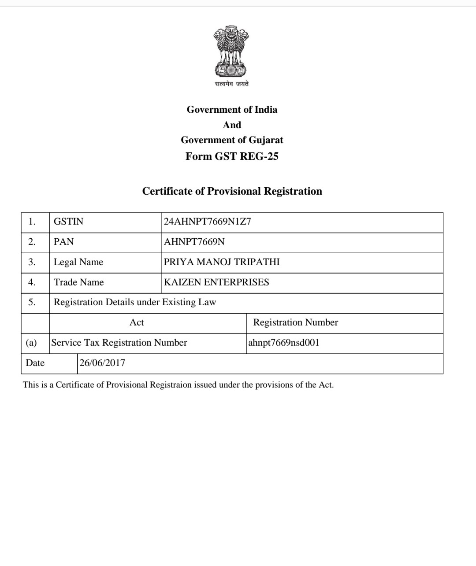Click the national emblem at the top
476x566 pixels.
231,51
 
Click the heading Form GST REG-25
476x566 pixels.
232,156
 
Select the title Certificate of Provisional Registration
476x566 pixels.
232,191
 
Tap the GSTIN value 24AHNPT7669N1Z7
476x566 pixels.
207,222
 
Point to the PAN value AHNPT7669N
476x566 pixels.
194,242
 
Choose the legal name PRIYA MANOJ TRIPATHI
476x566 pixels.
222,262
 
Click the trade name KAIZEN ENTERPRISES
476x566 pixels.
216,282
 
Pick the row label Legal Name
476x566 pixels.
78,262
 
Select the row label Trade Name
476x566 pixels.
79,282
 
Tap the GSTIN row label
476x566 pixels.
68,222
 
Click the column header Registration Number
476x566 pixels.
295,322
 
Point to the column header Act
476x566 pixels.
137,322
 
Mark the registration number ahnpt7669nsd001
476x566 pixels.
283,343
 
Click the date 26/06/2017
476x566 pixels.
102,363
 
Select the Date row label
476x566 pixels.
35,363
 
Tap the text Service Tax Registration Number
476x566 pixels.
119,343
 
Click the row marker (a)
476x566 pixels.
31,343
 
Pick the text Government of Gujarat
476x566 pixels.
232,140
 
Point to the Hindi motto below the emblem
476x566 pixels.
232,84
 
